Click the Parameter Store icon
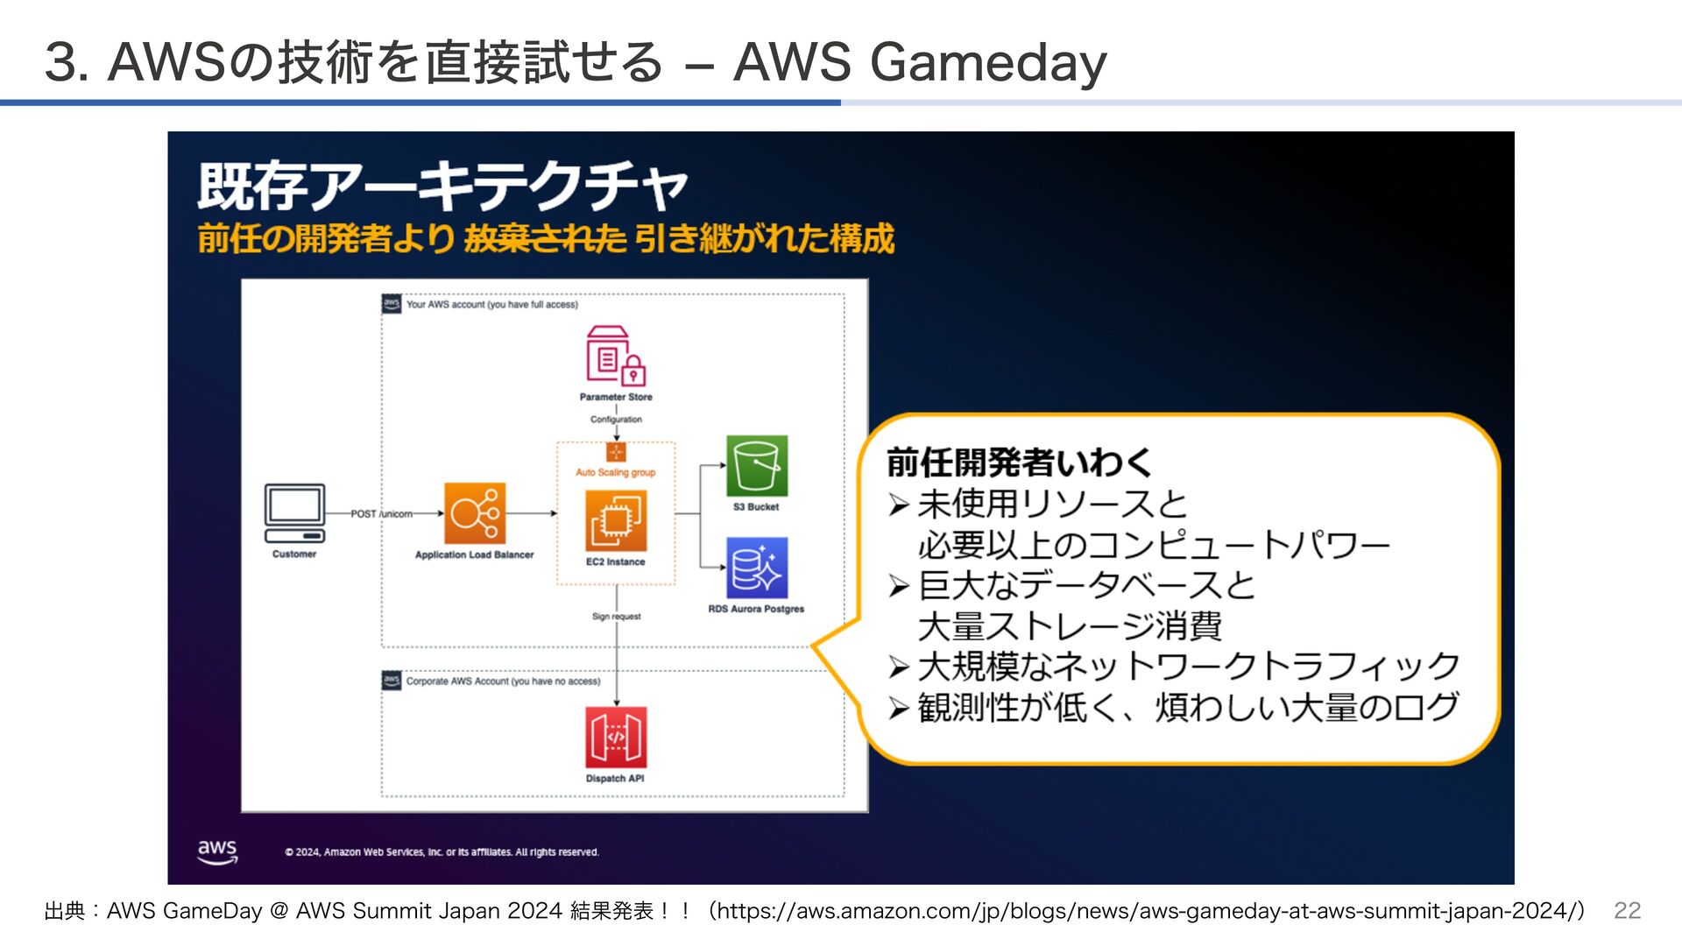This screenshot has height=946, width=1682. click(616, 356)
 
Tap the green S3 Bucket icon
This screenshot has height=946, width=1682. click(757, 466)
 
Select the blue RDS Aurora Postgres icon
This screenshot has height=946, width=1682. click(757, 568)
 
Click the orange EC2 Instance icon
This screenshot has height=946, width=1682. click(616, 521)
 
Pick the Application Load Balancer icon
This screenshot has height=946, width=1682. click(474, 513)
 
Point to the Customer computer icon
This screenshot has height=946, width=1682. click(294, 513)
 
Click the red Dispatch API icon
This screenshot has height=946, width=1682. click(616, 738)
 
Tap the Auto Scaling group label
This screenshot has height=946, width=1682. click(616, 472)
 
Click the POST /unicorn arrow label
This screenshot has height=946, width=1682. click(381, 514)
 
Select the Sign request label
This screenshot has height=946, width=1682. click(616, 617)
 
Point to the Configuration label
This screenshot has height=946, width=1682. click(616, 420)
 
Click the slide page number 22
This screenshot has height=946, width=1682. click(1627, 911)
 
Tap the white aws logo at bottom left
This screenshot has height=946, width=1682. click(217, 851)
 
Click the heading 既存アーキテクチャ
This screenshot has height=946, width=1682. click(442, 187)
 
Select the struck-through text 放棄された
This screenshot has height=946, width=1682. click(545, 238)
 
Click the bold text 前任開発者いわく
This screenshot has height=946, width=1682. click(1019, 462)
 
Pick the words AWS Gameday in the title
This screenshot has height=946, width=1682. click(920, 62)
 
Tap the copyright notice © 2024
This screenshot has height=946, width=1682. click(442, 852)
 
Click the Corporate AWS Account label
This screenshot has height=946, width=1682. click(503, 681)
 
